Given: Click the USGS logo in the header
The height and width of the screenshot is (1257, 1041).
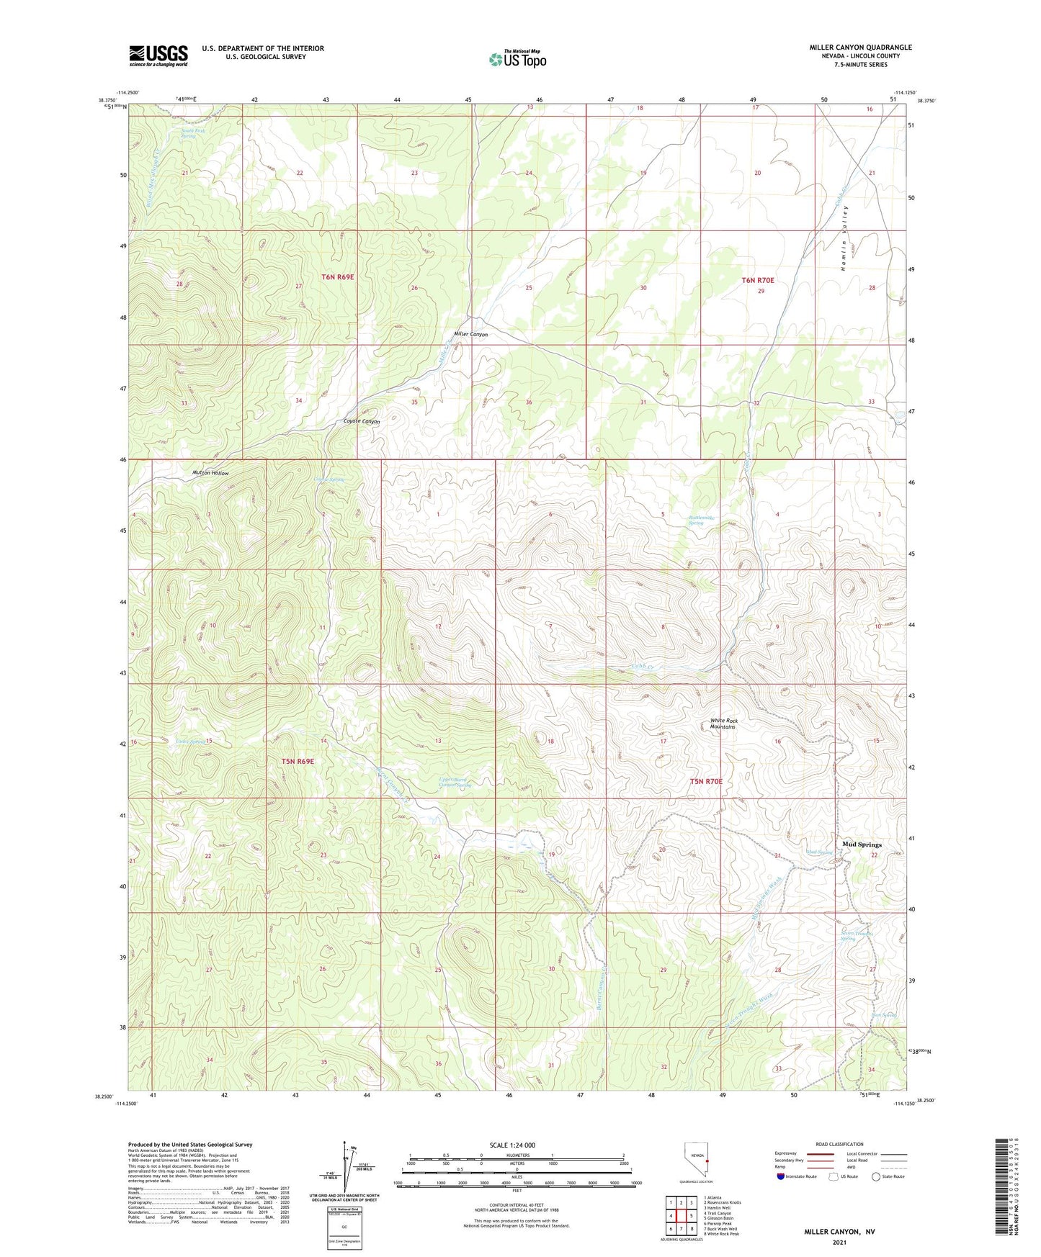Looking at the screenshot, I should pos(158,55).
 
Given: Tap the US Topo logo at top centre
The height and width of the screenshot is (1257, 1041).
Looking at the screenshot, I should pos(517,59).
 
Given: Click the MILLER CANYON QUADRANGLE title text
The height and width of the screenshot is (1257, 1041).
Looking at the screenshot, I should pos(860,48).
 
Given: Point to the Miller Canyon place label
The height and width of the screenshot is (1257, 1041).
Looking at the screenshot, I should pos(470,335).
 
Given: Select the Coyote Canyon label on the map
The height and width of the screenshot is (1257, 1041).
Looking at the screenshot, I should pos(361,421).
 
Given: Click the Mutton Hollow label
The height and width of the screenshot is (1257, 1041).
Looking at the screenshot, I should pos(210,473).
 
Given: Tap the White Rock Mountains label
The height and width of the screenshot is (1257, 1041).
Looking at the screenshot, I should pos(723,724).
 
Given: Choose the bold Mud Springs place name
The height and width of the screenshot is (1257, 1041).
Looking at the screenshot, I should pos(862,844).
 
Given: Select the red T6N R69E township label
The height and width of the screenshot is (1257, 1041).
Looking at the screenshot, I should pos(337,277).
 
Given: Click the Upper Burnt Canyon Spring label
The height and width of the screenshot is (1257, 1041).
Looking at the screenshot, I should pos(455,782).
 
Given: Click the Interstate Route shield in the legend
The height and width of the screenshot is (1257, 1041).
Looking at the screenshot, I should pos(781,1176).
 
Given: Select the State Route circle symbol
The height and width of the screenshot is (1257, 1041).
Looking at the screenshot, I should pos(875,1176).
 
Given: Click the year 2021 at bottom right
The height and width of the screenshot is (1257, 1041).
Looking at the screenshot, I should pos(839,1243).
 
